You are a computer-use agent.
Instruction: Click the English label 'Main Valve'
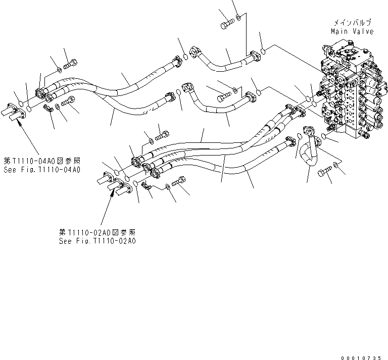[352, 31]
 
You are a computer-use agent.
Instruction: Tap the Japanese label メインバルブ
[352, 23]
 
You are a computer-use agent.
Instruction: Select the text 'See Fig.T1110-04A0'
[41, 170]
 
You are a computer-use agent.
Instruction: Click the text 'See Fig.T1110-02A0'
[97, 241]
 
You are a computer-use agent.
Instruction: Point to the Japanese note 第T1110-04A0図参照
[41, 161]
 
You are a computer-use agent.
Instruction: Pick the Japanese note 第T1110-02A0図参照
[97, 232]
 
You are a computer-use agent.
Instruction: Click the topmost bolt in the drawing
[226, 23]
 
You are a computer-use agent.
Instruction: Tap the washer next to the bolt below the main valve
[336, 166]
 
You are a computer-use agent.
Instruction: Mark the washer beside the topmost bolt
[238, 19]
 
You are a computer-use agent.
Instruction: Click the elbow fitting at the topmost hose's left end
[196, 52]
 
